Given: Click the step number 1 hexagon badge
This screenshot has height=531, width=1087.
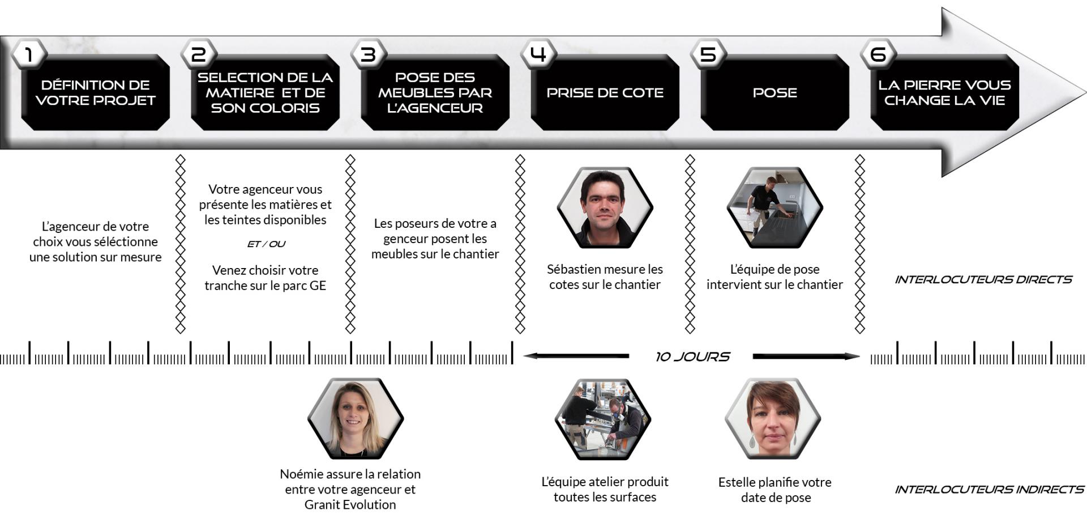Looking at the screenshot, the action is click(29, 54).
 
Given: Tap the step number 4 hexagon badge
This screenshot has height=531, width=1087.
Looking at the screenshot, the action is click(538, 54).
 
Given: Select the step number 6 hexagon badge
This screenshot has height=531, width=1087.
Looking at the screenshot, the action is click(878, 54).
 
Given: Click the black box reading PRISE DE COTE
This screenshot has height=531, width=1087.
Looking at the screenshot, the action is click(605, 92).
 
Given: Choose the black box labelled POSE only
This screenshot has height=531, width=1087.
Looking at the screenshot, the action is click(774, 92).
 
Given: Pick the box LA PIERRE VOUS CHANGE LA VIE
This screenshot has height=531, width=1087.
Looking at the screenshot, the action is click(944, 92).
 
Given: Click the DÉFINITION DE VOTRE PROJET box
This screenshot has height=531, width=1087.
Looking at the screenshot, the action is click(95, 92).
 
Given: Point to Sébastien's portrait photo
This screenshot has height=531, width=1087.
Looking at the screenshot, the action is click(605, 207).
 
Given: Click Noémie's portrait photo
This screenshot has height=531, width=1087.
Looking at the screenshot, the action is click(355, 419).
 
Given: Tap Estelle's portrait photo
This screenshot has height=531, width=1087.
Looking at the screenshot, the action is click(773, 419).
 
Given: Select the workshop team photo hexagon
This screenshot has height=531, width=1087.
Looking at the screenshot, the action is click(603, 419).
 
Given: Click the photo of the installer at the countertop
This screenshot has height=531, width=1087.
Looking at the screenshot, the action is click(774, 207).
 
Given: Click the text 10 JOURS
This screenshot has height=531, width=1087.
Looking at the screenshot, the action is click(692, 356).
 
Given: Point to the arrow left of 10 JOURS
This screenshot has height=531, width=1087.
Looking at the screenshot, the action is click(576, 356).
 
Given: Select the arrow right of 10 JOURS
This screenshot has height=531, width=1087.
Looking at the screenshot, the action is click(806, 356).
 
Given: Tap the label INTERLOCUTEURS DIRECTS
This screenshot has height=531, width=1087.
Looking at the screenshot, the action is click(983, 279).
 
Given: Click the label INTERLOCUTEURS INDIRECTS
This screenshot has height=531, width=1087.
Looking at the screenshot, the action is click(989, 489).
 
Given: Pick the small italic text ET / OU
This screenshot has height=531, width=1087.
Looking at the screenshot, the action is click(266, 244).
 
